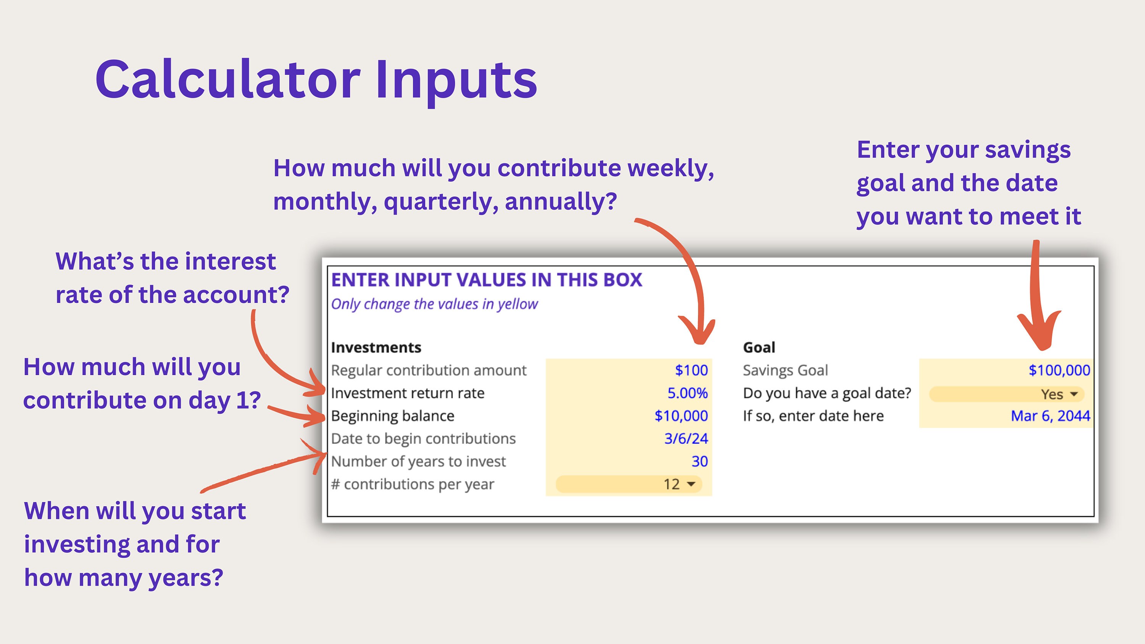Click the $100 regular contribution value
691,370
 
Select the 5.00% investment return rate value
687,393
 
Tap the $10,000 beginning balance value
681,416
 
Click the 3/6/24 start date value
686,439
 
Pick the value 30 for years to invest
699,461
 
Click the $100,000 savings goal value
1059,370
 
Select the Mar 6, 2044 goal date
1050,416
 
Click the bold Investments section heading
376,348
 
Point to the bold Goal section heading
759,348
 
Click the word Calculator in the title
227,80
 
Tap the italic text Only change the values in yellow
434,304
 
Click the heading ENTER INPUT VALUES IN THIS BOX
486,280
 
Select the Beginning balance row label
392,416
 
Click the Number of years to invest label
418,461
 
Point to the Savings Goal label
785,370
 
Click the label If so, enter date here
813,416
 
